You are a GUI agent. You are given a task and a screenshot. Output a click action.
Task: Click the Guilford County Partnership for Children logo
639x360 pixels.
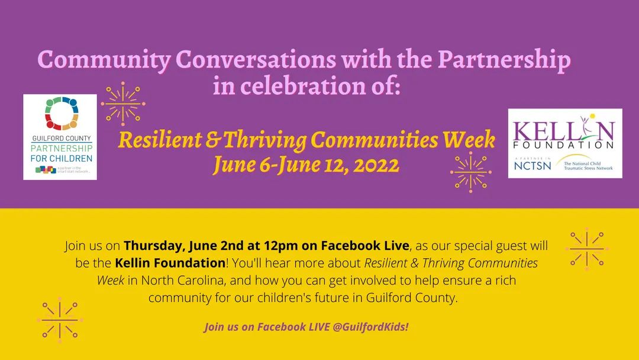tap(60, 137)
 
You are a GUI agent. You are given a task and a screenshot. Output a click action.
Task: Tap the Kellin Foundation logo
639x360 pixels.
tap(564, 143)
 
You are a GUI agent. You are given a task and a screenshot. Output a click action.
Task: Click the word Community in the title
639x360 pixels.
tap(104, 60)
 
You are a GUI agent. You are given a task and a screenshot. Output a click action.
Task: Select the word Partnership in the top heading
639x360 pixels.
tap(504, 60)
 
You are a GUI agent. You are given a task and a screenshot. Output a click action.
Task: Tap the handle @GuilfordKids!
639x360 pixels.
tap(372, 327)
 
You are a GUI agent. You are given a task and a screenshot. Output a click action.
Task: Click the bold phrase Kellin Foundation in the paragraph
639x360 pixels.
tap(170, 262)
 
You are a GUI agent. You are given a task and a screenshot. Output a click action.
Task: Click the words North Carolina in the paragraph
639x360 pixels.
tap(182, 280)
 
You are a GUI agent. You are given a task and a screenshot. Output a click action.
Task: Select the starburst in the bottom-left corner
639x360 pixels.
tap(60, 320)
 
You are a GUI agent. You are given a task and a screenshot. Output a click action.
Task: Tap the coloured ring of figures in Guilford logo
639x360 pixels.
tap(62, 113)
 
